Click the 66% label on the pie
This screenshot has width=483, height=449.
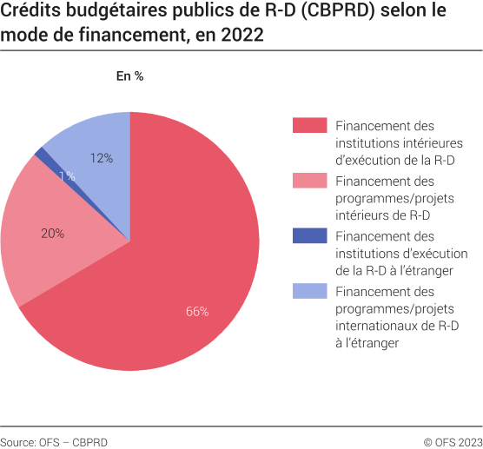197,312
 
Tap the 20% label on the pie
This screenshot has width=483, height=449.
52,233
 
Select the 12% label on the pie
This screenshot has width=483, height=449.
102,158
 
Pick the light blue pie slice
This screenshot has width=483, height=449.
96,139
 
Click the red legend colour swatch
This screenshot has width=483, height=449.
309,126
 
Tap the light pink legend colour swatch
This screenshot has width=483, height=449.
309,181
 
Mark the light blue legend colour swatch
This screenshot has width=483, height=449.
309,291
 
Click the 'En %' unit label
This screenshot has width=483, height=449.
129,76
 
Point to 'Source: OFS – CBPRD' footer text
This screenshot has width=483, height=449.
54,441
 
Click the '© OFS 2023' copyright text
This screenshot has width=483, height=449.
453,441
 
